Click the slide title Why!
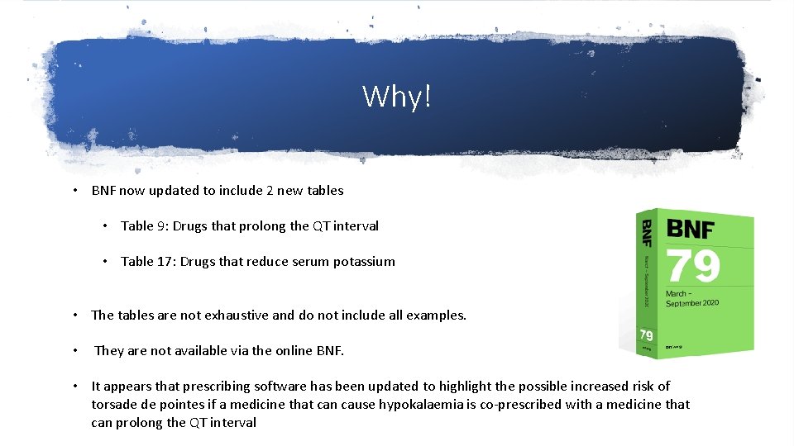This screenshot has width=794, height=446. coord(397,97)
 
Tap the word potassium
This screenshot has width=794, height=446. coord(364,261)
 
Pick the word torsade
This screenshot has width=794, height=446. coord(114,404)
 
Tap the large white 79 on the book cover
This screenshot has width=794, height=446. coord(693,266)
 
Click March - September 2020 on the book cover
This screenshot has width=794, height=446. coord(692,297)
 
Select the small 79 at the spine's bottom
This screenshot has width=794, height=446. coord(646,336)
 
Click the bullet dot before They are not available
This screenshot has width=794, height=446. coord(75,351)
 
